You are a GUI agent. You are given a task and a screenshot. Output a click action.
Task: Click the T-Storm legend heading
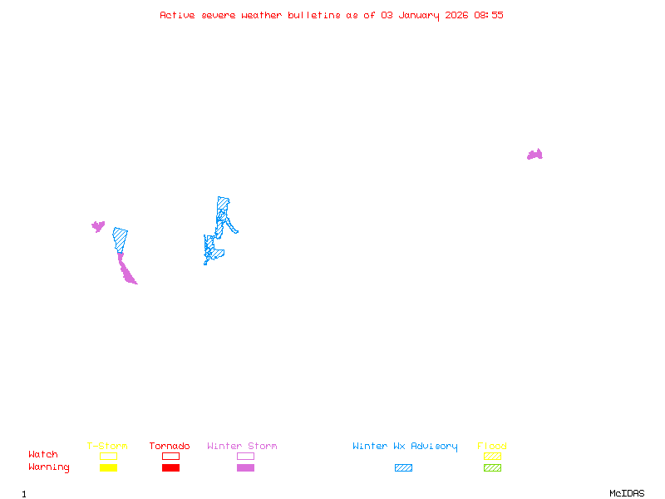pyautogui.click(x=107, y=447)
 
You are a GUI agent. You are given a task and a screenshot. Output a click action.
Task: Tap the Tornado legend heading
pyautogui.click(x=170, y=447)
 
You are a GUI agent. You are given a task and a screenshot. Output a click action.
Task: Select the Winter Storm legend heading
pyautogui.click(x=242, y=447)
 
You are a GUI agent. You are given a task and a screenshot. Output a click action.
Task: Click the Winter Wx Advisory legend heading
pyautogui.click(x=405, y=447)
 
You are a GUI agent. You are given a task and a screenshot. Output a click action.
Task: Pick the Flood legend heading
pyautogui.click(x=492, y=447)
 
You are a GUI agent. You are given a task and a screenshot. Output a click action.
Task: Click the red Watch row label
pyautogui.click(x=43, y=455)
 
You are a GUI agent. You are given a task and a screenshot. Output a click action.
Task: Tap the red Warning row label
pyautogui.click(x=49, y=467)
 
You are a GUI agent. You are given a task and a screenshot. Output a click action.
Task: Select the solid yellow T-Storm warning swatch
pyautogui.click(x=108, y=468)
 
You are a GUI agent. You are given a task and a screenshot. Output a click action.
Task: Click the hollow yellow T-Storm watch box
pyautogui.click(x=108, y=456)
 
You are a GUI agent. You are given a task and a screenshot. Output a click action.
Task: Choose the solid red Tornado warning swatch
pyautogui.click(x=170, y=468)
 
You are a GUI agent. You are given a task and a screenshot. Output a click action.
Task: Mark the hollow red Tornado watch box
pyautogui.click(x=170, y=456)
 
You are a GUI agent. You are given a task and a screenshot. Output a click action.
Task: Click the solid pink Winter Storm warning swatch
pyautogui.click(x=245, y=468)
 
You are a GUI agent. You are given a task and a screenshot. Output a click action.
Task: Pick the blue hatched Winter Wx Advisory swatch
pyautogui.click(x=403, y=468)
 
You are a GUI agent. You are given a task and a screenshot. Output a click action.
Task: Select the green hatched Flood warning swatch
pyautogui.click(x=492, y=468)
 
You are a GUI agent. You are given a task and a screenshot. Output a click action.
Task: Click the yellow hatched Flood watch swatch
pyautogui.click(x=492, y=456)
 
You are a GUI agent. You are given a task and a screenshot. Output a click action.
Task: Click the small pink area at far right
pyautogui.click(x=534, y=155)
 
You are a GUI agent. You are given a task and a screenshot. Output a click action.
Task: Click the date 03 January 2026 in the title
pyautogui.click(x=425, y=15)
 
